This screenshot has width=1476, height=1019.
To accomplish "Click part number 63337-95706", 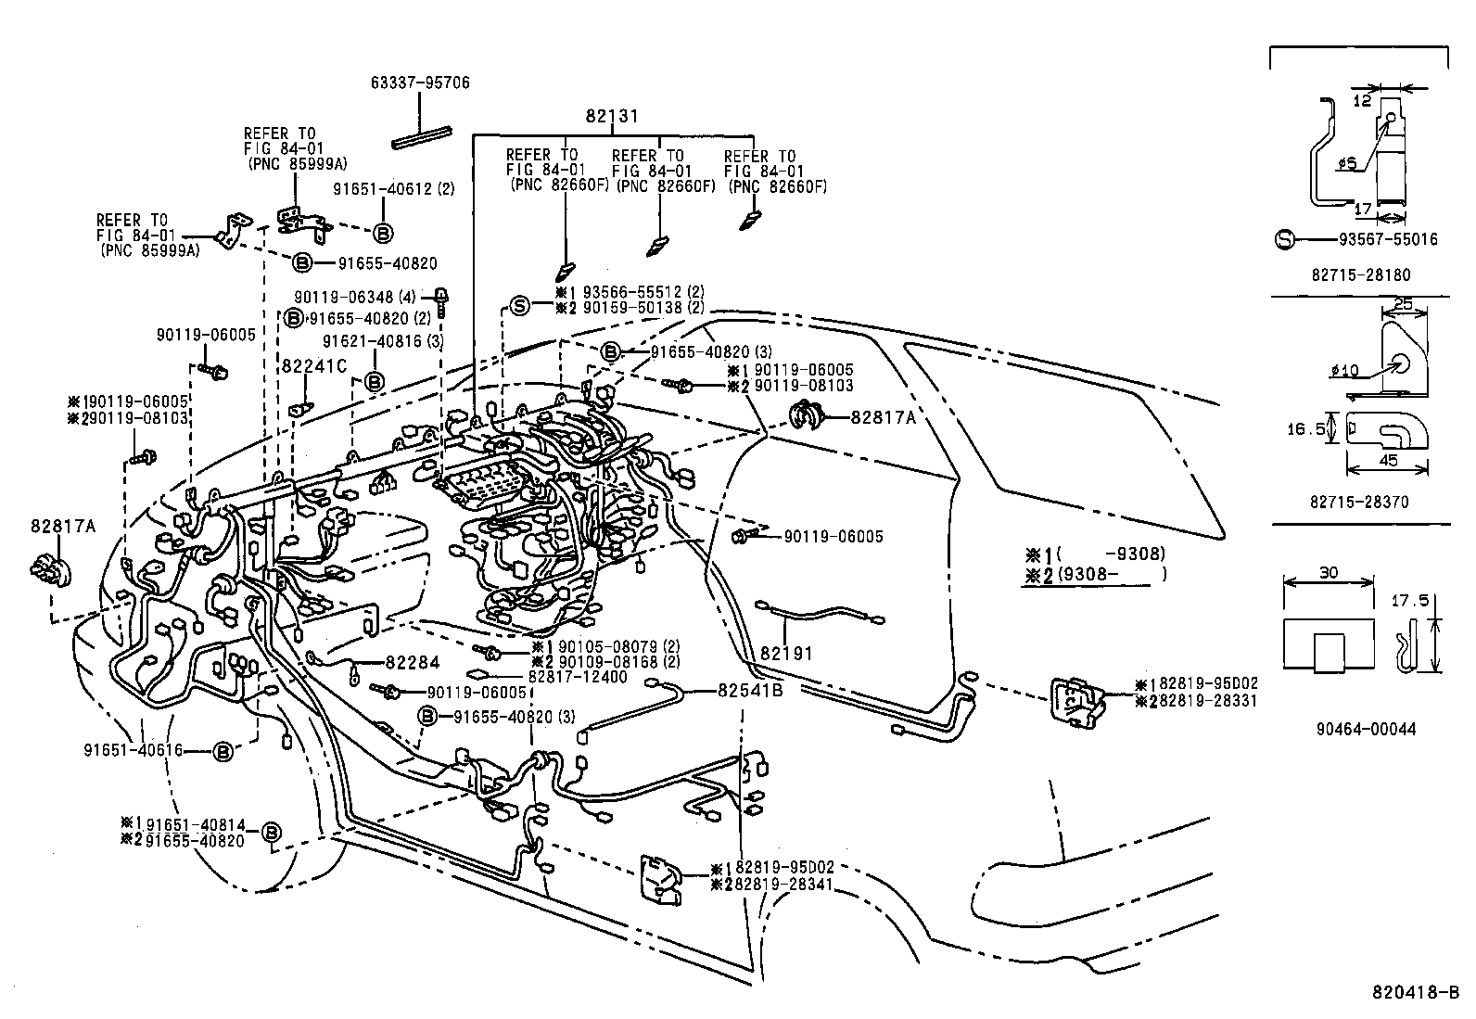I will point(419,83).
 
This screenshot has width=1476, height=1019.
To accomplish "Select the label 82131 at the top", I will point(612,117).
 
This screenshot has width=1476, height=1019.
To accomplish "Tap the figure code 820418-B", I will point(1416,992).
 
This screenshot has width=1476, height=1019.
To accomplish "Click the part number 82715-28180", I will point(1360,275).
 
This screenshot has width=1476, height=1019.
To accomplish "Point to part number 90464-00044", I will point(1364,729).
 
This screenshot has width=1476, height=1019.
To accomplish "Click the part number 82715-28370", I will point(1359,502).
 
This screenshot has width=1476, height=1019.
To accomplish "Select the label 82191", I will point(786,653).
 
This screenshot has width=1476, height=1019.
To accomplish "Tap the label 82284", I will point(412,662).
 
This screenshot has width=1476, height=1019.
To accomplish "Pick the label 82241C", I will point(313,366).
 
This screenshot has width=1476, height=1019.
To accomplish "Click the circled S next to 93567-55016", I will point(1285,239).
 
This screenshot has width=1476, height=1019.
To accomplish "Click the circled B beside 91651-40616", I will point(223,751).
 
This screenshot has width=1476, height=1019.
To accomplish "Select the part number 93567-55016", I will point(1388,239).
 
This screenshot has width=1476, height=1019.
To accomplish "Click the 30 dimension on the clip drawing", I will point(1328,573).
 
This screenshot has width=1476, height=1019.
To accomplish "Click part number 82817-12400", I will point(578,677).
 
